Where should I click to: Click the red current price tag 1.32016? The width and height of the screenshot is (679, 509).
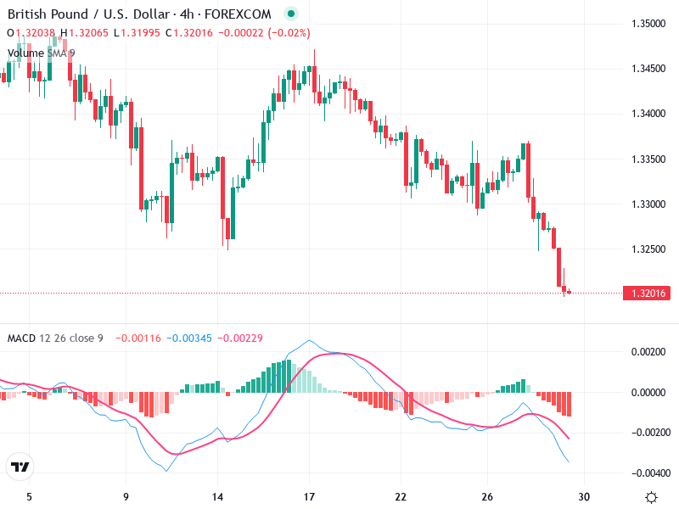tap(648, 294)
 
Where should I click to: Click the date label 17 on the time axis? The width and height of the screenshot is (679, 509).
tap(310, 497)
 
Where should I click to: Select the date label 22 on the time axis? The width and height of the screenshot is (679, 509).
tap(401, 497)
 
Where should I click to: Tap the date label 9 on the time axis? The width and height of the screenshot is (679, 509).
tap(126, 497)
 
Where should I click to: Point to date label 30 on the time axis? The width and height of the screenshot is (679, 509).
tap(584, 497)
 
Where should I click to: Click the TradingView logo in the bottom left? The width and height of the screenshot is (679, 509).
tap(20, 467)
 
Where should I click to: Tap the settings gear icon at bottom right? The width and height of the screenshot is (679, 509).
tap(651, 497)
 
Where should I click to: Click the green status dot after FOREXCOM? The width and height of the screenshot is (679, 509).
tap(292, 14)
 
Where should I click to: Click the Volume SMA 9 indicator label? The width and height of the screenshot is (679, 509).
tap(41, 53)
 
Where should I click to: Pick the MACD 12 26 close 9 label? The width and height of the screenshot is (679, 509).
tap(55, 338)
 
